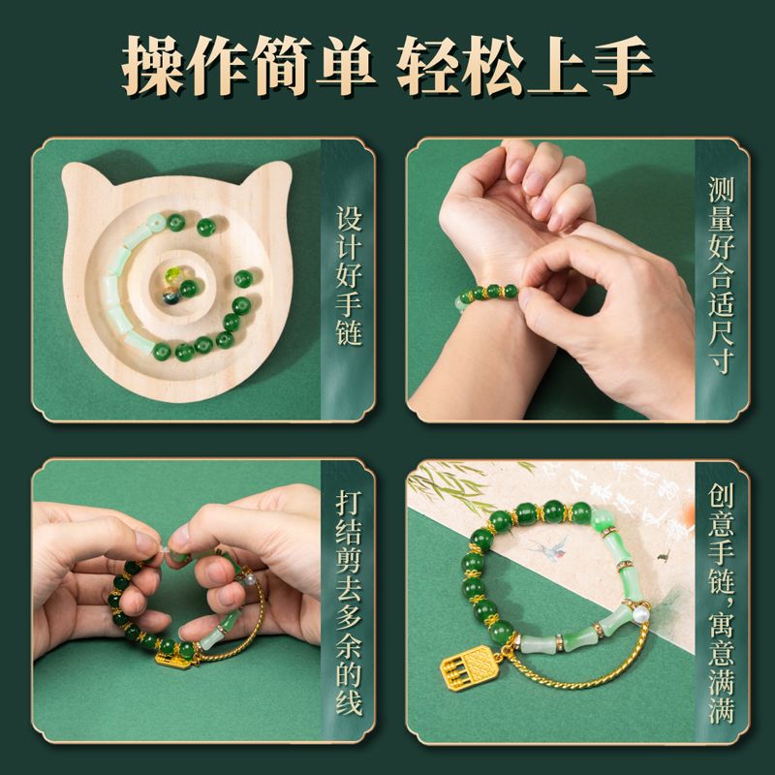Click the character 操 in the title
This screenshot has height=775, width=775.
pyautogui.click(x=152, y=65)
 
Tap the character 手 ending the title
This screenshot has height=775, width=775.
pyautogui.click(x=622, y=65)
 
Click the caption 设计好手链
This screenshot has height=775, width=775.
pyautogui.click(x=349, y=276)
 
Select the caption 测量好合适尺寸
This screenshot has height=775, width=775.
pyautogui.click(x=721, y=275)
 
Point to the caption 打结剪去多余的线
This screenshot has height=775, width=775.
pyautogui.click(x=349, y=603)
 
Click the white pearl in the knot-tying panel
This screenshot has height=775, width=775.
pyautogui.click(x=252, y=578)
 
